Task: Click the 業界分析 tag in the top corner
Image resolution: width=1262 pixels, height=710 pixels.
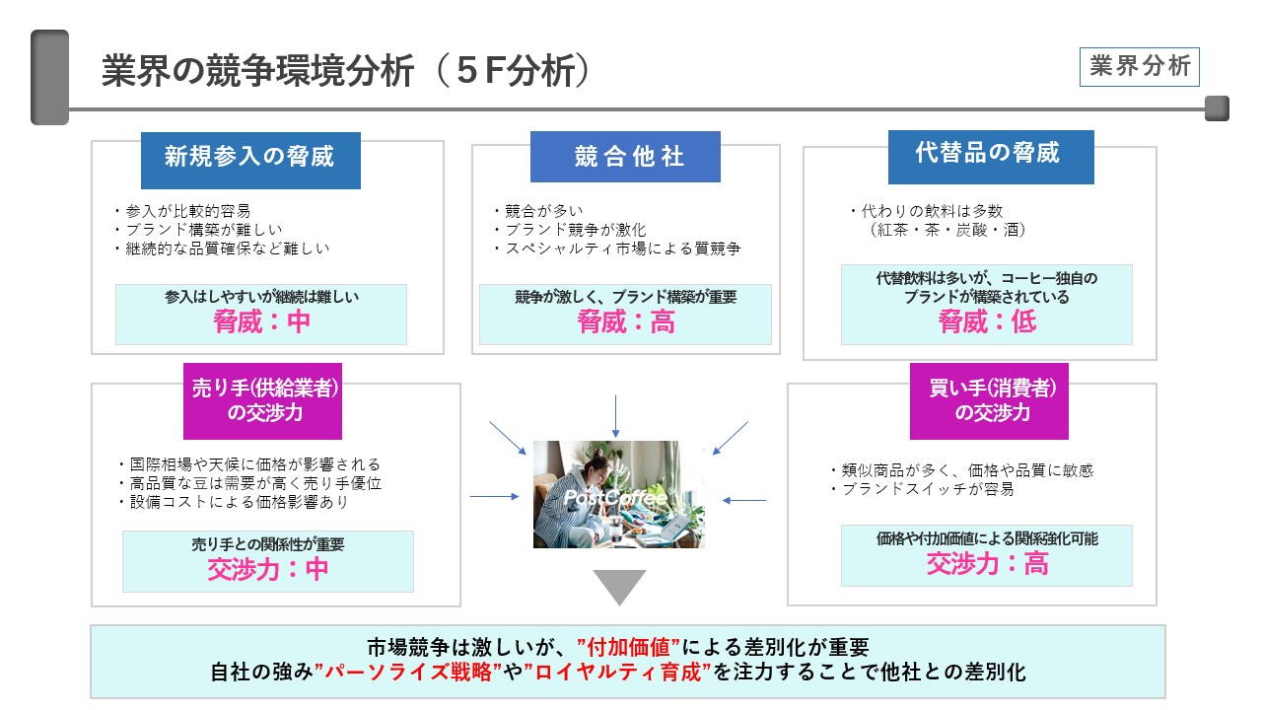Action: [x=1139, y=66]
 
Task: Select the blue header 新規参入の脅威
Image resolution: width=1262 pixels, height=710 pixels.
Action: [x=250, y=160]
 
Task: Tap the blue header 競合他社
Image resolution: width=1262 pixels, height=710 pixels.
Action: [x=625, y=157]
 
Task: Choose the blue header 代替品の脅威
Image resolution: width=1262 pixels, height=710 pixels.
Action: [x=991, y=157]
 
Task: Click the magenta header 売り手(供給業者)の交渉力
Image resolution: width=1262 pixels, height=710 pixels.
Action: [x=262, y=400]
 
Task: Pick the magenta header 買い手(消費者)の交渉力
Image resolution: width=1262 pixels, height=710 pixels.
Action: [x=989, y=400]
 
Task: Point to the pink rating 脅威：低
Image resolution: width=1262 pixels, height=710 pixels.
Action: [x=987, y=321]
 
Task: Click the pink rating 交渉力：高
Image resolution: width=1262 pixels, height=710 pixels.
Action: [x=987, y=563]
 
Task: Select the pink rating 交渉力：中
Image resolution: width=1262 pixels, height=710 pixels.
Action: [x=267, y=569]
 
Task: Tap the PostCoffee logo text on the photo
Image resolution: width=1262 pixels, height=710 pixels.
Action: [x=615, y=498]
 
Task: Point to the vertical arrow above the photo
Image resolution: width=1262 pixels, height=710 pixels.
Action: [x=615, y=416]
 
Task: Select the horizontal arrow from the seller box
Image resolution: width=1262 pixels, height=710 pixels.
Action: [x=494, y=496]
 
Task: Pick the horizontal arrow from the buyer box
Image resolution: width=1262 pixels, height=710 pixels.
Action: [x=744, y=500]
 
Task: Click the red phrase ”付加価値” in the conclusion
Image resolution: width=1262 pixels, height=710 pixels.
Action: [x=628, y=648]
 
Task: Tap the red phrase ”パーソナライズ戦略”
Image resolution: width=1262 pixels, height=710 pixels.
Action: [x=408, y=673]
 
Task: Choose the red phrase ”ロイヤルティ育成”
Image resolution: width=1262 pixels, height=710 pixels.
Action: [x=617, y=673]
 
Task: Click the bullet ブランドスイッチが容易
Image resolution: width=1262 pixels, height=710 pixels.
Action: [x=922, y=489]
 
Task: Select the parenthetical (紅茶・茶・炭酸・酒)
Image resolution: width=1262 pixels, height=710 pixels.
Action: [x=946, y=230]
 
